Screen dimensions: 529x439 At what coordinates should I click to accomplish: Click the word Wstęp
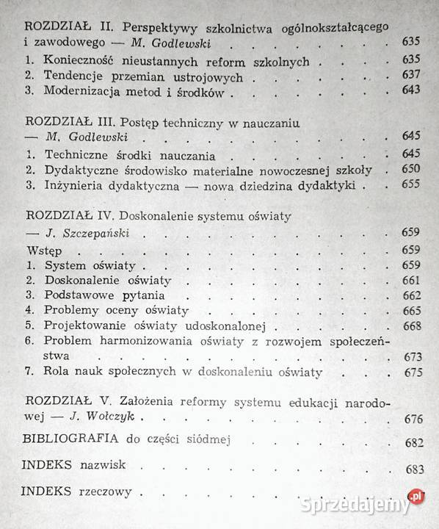coord(40,250)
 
